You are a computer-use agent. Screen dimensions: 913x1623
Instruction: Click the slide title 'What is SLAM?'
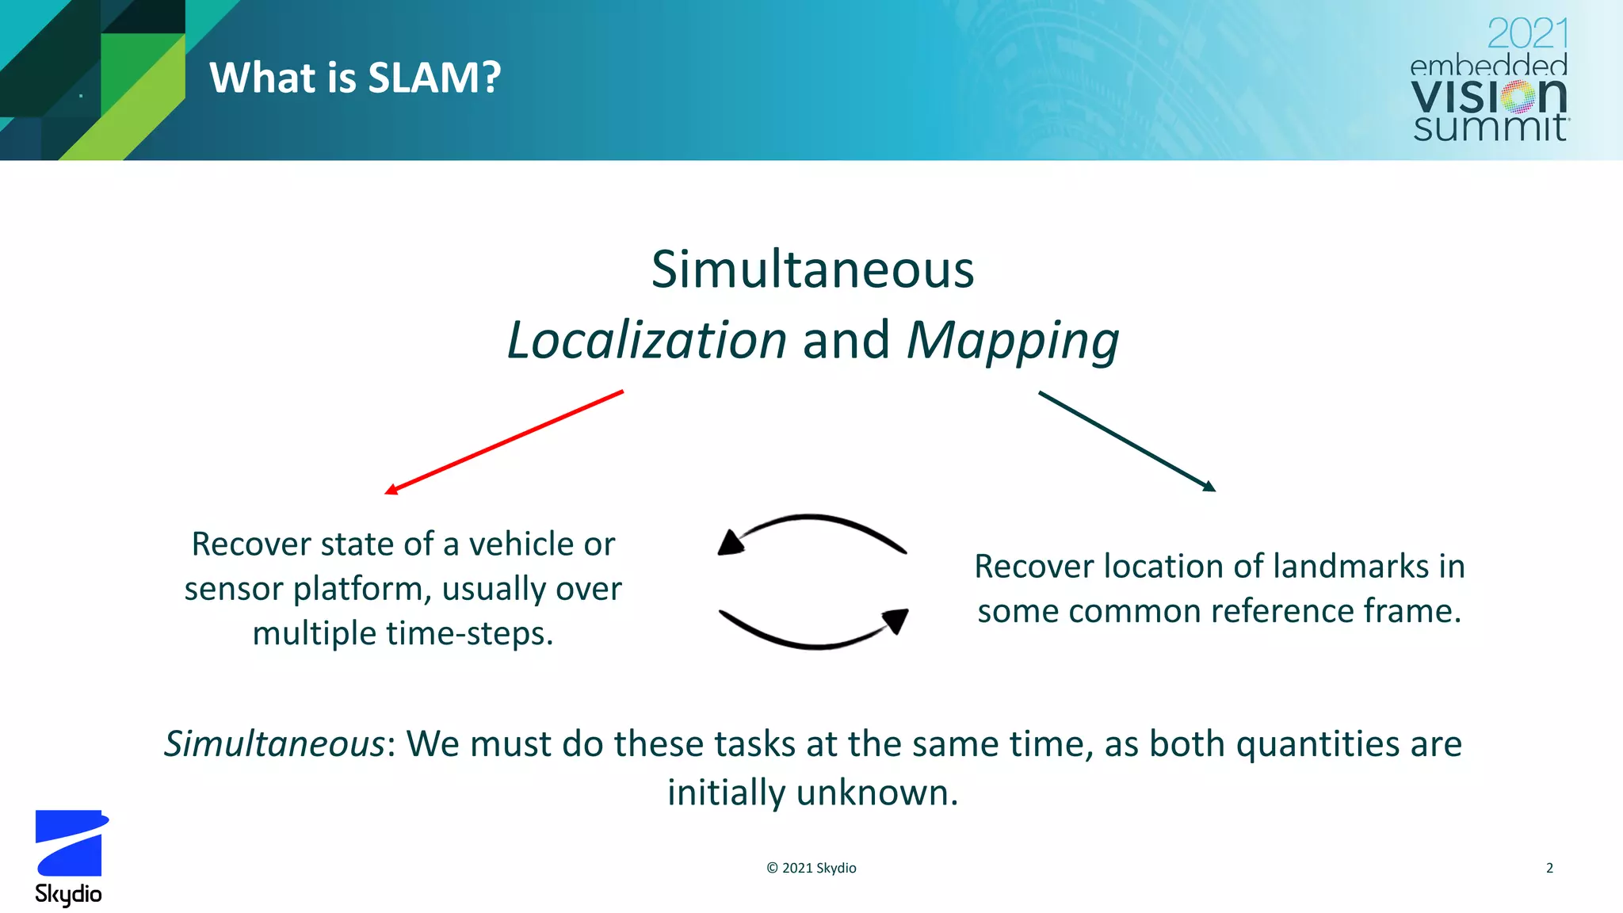355,78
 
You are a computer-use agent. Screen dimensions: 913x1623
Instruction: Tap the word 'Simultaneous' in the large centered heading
812,269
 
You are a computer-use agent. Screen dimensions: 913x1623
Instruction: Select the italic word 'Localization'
647,340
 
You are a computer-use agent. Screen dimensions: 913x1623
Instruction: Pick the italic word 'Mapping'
1013,342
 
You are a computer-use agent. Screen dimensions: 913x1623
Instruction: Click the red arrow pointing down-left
505,441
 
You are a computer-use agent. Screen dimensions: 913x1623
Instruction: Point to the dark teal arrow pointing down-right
1126,441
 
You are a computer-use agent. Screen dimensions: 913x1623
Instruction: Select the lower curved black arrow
813,631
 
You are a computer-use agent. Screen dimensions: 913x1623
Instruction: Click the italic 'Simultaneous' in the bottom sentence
274,744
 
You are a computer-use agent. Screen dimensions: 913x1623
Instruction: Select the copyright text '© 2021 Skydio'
811,868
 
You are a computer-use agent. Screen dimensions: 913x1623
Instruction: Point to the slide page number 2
1549,868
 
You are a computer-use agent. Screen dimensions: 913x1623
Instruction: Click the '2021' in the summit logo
1527,34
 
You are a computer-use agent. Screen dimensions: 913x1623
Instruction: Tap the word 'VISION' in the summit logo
1488,97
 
